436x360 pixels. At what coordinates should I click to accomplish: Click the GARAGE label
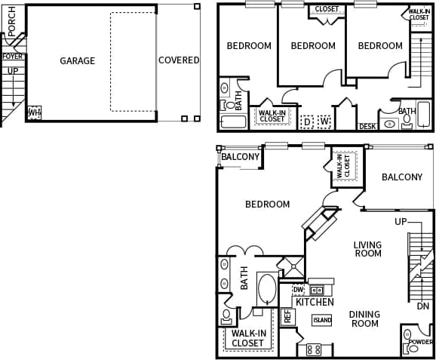point(77,60)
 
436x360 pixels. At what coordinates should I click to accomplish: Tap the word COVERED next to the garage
point(179,60)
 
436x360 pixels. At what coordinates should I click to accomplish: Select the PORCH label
point(12,21)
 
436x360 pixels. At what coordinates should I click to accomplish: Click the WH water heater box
point(33,112)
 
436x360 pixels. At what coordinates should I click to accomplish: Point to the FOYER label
point(12,57)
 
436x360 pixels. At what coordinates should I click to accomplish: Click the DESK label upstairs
point(367,127)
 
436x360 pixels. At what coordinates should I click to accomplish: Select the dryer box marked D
point(307,121)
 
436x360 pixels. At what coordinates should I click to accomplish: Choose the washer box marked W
point(324,121)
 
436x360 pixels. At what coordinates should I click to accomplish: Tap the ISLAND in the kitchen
point(322,320)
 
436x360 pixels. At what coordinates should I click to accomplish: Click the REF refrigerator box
point(287,315)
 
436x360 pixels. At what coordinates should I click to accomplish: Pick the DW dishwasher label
point(298,289)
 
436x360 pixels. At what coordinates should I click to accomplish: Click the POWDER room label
point(420,342)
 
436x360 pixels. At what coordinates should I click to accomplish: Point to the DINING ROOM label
point(364,318)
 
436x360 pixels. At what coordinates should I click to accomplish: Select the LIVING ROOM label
point(367,249)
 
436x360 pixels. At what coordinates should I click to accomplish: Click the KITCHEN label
point(315,302)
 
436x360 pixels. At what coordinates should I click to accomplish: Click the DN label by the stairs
point(422,306)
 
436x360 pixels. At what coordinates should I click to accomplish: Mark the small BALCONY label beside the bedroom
point(240,157)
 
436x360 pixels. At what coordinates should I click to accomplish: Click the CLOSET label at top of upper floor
point(327,9)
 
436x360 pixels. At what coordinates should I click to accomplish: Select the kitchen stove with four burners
point(314,349)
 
